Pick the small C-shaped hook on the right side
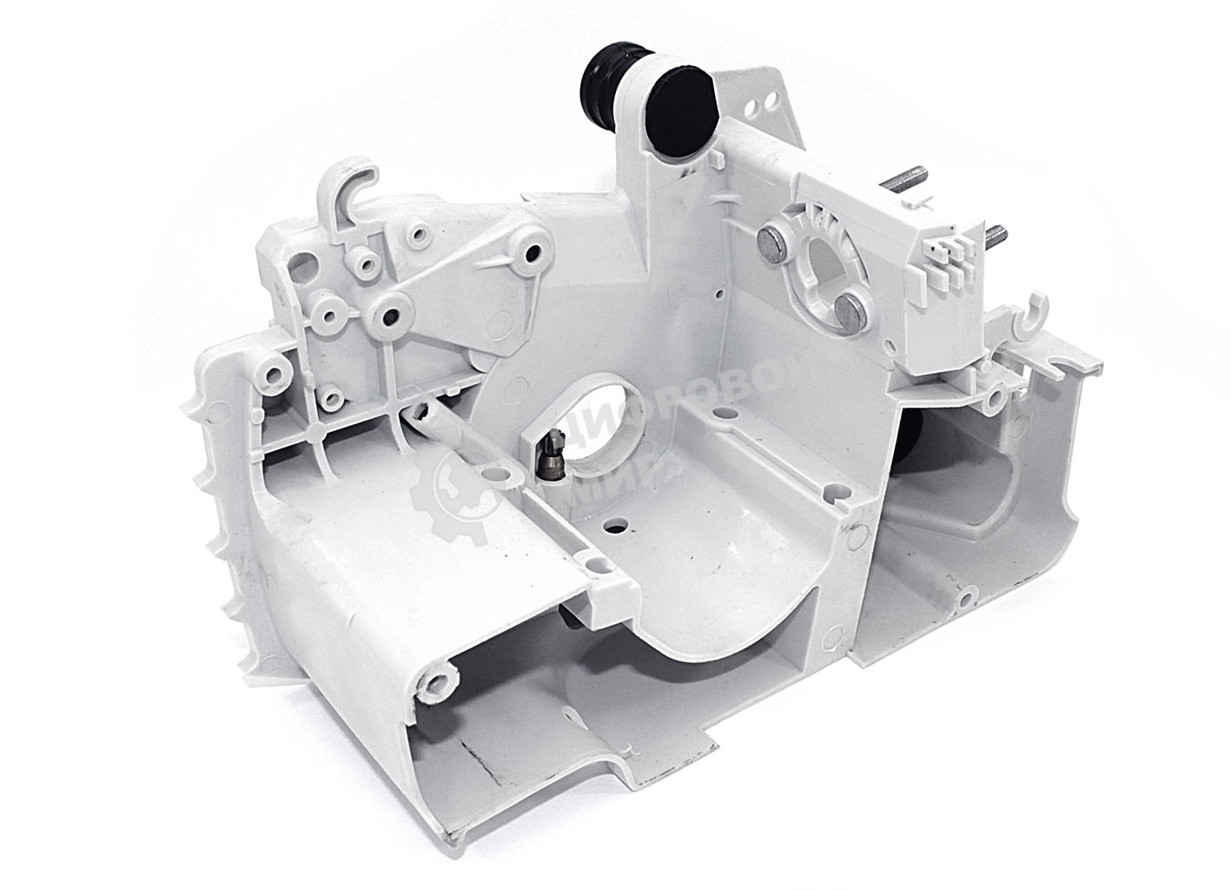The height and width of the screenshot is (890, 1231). pos(1029,318)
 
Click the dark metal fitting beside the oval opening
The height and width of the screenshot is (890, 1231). pos(550,452)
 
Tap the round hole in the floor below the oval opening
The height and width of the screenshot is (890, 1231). pos(617,527)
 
